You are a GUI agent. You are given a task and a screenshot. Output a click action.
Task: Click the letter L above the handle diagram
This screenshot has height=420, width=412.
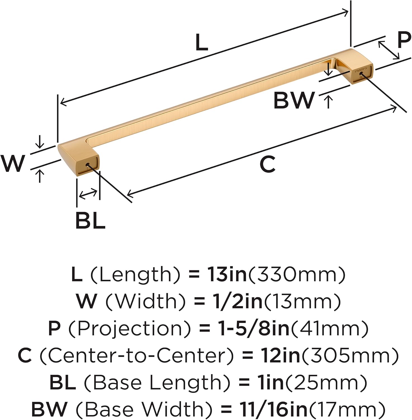202,42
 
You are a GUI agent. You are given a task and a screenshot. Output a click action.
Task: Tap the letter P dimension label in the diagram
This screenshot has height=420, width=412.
404,40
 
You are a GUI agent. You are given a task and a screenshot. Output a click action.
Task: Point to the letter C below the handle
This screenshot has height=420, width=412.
267,164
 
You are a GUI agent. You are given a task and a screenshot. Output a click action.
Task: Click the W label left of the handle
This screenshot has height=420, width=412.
13,163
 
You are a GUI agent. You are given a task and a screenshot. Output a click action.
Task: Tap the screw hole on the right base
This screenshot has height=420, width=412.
361,74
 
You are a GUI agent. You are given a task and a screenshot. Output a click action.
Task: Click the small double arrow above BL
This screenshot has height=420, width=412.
88,194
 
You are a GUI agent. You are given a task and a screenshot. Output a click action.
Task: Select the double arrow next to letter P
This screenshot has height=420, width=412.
389,50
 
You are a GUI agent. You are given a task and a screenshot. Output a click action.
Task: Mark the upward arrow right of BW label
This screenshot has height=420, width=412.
329,102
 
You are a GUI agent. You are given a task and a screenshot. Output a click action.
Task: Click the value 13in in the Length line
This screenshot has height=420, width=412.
227,274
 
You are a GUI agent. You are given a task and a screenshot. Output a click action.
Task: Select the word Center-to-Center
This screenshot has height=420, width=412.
136,355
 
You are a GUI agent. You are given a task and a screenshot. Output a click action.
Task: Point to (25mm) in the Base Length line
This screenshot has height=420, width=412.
324,382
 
